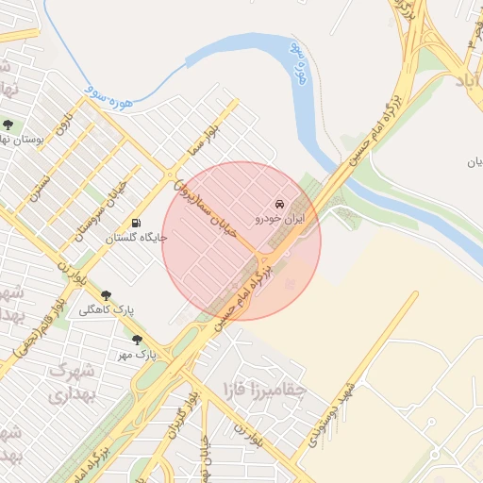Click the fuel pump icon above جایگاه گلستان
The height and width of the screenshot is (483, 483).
pos(138,224)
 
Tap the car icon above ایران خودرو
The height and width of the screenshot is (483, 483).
pos(279,204)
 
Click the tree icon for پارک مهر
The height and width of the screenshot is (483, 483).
pos(138,340)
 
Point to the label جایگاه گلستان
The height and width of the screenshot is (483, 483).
pos(138,238)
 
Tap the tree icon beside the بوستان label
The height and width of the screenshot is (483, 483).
pos(8,125)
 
